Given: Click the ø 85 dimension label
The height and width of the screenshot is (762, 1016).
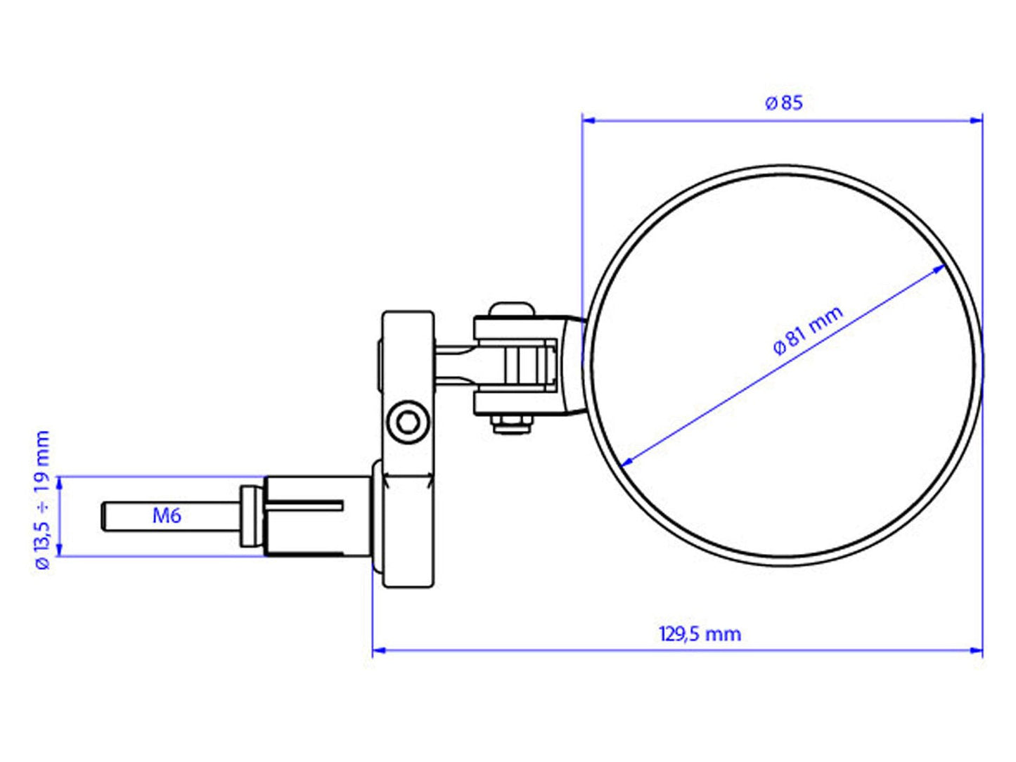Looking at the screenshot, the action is point(784,103).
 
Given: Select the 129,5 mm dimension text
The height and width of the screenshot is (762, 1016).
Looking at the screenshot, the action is point(700,633).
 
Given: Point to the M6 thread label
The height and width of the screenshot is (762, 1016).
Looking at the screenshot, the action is point(167,515).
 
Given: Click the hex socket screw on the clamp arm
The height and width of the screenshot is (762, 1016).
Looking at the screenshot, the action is point(408,422).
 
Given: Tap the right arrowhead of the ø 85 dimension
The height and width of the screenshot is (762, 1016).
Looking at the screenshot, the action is point(976,121).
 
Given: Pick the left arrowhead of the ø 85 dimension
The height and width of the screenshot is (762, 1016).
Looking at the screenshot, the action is point(589,121).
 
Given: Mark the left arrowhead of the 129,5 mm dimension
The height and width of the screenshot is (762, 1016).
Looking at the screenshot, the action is point(379,650).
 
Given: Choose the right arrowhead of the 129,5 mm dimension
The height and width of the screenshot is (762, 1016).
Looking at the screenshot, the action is point(976,650).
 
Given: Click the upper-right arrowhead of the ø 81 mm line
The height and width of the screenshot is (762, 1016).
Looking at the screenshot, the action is point(938,268).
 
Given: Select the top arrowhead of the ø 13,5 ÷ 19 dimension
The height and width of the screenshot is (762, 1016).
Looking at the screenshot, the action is point(59,483).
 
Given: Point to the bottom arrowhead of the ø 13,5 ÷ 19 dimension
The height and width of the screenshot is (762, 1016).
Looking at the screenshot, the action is point(59,550).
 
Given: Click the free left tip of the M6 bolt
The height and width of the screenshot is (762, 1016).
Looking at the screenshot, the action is point(102,517).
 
